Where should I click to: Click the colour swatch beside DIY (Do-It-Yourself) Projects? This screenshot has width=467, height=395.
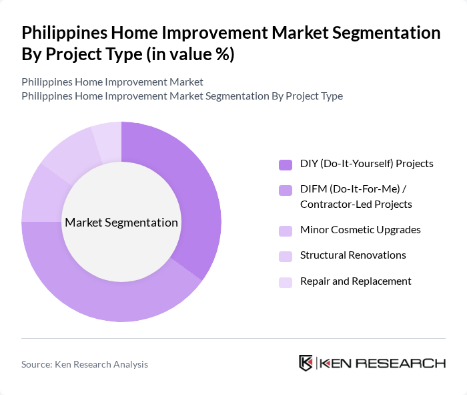(286, 164)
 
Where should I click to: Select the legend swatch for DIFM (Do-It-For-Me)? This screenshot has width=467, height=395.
(286, 190)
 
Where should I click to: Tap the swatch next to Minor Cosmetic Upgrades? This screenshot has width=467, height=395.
(286, 231)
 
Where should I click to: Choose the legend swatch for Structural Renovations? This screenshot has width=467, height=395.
(286, 256)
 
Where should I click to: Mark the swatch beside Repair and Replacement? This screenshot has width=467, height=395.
(286, 282)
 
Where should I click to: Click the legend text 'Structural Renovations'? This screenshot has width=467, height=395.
(353, 255)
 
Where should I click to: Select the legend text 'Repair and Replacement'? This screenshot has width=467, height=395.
(356, 281)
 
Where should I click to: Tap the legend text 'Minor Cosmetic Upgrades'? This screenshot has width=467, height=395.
(360, 230)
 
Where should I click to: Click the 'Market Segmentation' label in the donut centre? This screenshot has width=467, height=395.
(121, 223)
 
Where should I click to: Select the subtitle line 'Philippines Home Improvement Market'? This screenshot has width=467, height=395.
(112, 82)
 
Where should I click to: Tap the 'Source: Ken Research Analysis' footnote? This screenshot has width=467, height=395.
(85, 364)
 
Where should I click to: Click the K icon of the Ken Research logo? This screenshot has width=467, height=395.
(306, 363)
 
